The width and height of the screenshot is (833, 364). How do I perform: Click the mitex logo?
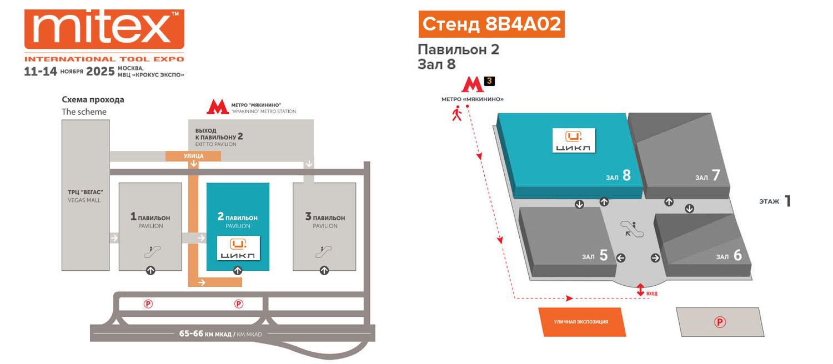[x=104, y=31]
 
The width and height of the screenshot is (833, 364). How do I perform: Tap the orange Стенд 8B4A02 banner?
[x=491, y=24]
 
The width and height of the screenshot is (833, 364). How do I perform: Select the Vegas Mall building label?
[x=84, y=196]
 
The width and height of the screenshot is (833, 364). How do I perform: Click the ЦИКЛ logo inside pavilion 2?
[x=238, y=248]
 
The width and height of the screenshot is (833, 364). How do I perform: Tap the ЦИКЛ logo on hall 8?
[x=574, y=140]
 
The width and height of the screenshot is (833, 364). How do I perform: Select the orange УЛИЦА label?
[x=193, y=156]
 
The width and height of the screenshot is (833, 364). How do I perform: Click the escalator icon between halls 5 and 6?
[x=633, y=229]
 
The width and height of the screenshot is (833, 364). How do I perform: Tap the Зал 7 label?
[x=707, y=176]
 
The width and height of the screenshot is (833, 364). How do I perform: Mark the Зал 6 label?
[x=729, y=255]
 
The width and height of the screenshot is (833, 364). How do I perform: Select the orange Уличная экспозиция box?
[x=581, y=322]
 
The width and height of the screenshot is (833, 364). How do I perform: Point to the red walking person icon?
[x=457, y=114]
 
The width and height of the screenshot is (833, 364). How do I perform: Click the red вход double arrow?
[x=640, y=290]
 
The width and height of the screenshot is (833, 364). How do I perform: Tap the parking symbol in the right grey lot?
[x=720, y=322]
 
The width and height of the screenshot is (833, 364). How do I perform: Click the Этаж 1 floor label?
[x=775, y=201]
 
